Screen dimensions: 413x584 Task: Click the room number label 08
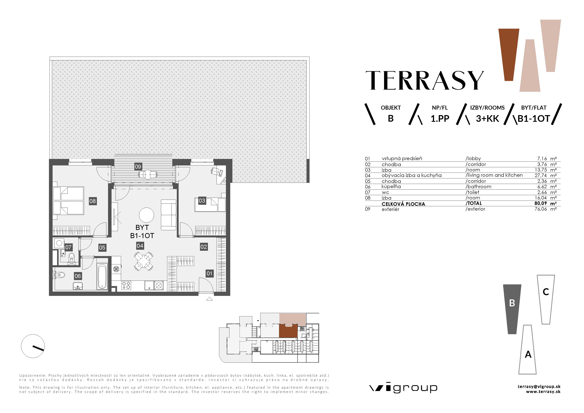tap(93, 201)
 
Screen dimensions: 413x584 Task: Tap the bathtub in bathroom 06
tap(102, 277)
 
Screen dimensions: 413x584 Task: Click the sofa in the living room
tap(168, 215)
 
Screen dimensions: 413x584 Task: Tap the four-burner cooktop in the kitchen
tap(126, 285)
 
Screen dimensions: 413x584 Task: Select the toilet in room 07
tap(72, 257)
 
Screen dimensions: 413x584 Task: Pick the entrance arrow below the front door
tap(209, 299)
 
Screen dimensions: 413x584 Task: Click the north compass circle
tap(33, 346)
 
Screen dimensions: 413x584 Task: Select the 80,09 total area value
tap(541, 203)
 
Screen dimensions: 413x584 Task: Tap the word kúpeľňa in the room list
tap(391, 187)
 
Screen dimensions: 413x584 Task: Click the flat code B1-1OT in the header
tap(534, 119)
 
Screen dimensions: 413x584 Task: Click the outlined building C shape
tap(546, 299)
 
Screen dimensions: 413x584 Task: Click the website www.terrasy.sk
tap(543, 392)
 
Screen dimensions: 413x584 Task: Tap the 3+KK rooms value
tap(487, 119)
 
